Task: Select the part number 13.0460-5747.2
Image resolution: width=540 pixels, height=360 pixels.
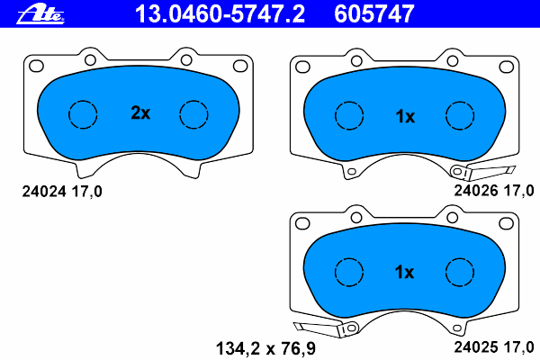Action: (220, 13)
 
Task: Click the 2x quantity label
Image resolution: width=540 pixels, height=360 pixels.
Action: (139, 114)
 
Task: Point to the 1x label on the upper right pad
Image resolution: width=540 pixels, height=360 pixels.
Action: (405, 116)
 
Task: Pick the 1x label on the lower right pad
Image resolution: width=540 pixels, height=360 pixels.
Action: (405, 272)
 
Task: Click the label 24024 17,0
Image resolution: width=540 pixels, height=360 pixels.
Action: (61, 191)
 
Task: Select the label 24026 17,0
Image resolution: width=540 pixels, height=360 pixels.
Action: (494, 191)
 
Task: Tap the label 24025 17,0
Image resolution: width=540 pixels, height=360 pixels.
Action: (494, 344)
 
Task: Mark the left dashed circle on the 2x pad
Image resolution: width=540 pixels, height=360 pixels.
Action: (82, 114)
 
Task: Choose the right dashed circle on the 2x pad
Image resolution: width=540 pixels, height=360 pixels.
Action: (193, 114)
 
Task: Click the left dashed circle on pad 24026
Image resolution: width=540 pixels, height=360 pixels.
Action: (348, 115)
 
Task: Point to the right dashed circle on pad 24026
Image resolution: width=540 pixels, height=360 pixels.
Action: (460, 115)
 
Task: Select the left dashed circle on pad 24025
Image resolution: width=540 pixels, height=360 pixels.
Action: (348, 271)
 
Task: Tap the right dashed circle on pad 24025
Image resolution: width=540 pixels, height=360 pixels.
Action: (460, 271)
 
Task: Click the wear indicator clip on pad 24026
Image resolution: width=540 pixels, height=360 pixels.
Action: (481, 172)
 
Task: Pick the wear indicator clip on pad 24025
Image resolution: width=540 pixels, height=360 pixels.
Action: (317, 328)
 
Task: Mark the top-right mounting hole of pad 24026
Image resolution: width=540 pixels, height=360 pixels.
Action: (508, 65)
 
